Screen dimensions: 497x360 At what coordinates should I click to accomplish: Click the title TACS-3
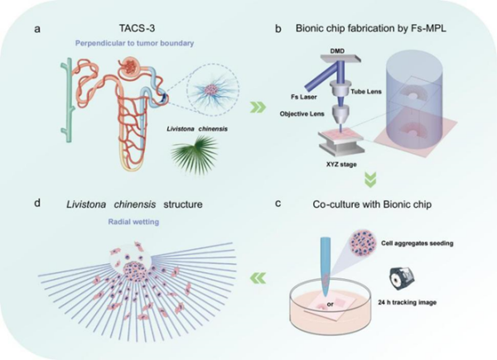[x=137, y=28]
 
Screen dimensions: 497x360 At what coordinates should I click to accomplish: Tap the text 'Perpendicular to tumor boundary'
[x=134, y=43]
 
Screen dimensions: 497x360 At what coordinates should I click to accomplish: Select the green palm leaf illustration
[x=195, y=154]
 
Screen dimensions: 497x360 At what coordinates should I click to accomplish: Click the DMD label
[x=337, y=51]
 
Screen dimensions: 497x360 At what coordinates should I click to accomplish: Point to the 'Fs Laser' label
[x=304, y=97]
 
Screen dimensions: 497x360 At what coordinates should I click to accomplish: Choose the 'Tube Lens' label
[x=366, y=92]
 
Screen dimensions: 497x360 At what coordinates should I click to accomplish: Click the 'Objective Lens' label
[x=302, y=113]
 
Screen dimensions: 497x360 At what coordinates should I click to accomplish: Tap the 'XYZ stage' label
[x=341, y=165]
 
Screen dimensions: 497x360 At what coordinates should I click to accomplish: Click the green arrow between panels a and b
[x=258, y=107]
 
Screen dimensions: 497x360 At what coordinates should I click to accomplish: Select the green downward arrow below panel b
[x=370, y=180]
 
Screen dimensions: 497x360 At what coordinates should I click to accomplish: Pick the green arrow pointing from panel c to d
[x=258, y=278]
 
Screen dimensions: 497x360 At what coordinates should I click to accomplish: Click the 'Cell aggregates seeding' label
[x=417, y=243]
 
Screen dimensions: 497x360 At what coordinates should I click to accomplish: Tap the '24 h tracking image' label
[x=407, y=302]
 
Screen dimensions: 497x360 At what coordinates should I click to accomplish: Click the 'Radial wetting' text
[x=133, y=222]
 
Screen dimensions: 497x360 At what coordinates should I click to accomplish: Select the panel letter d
[x=37, y=203]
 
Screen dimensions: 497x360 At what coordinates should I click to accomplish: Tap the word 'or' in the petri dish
[x=331, y=305]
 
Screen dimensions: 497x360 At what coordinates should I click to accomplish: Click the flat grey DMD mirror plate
[x=340, y=59]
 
